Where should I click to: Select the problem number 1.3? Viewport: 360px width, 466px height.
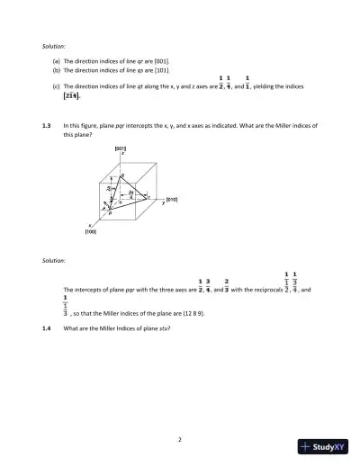point(46,126)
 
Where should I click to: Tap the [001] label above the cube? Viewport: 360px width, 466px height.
point(120,148)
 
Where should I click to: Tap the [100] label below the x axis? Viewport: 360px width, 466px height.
point(91,231)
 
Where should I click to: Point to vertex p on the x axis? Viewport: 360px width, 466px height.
point(111,214)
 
